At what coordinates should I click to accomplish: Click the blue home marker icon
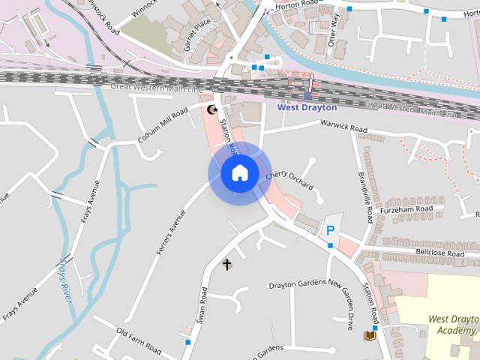click(x=239, y=172)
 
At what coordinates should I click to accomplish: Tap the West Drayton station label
click(x=307, y=107)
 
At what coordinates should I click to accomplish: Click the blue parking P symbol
click(x=329, y=230)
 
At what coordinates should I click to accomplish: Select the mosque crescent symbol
click(x=212, y=109)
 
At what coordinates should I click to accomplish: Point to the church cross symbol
click(x=227, y=264)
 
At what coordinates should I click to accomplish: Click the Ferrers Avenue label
click(x=172, y=232)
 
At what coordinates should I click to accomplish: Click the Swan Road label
click(x=202, y=304)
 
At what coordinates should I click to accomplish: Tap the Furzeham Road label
click(x=407, y=209)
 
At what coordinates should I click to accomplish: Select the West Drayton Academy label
click(x=453, y=324)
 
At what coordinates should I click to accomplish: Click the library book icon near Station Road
click(x=370, y=335)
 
